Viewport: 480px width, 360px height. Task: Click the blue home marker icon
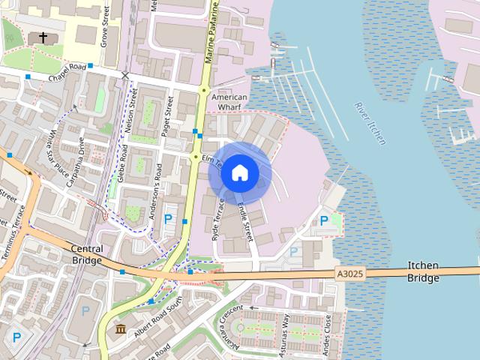coord(239,172)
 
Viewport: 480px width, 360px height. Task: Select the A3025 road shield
coord(349,275)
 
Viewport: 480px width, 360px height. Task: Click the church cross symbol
coord(43,37)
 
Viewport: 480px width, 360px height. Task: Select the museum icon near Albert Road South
coord(120,329)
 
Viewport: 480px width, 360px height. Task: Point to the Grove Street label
coord(106,26)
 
